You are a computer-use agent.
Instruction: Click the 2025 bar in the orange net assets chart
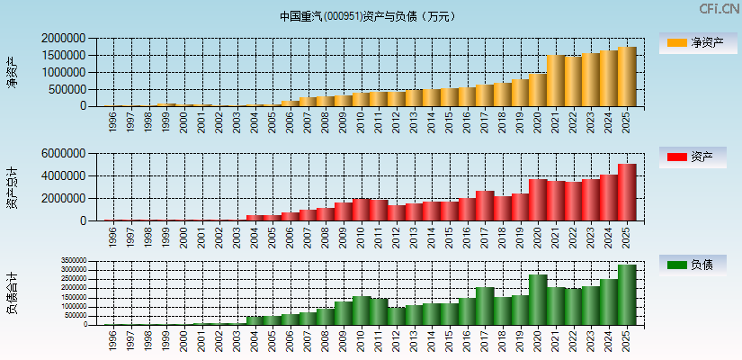pyautogui.click(x=627, y=76)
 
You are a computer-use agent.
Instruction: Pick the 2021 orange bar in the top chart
pyautogui.click(x=556, y=81)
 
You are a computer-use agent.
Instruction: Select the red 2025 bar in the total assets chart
pyautogui.click(x=627, y=192)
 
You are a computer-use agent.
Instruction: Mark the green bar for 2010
pyautogui.click(x=361, y=310)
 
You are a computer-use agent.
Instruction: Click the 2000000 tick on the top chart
pyautogui.click(x=64, y=39)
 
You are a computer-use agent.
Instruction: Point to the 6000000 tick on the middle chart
pyautogui.click(x=64, y=154)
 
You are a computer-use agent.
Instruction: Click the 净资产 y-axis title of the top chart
pyautogui.click(x=13, y=72)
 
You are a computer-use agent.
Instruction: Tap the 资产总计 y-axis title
pyautogui.click(x=13, y=187)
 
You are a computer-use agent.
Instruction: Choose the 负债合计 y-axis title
pyautogui.click(x=13, y=293)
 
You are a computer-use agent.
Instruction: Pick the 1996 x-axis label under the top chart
pyautogui.click(x=113, y=122)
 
